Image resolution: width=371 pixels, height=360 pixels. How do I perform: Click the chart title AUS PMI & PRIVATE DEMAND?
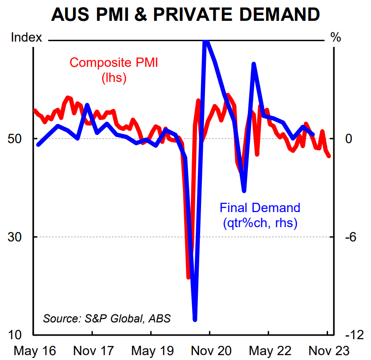[x=185, y=14]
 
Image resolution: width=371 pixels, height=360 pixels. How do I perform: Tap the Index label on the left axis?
[x=26, y=38]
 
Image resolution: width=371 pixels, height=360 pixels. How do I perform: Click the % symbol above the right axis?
[x=336, y=38]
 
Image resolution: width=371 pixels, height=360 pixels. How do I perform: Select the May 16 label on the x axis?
[x=35, y=351]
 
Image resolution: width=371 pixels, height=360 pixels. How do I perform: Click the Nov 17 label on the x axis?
[x=93, y=351]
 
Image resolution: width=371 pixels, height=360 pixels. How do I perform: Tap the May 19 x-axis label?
[x=152, y=351]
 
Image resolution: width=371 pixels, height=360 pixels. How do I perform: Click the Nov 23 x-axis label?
[x=328, y=351]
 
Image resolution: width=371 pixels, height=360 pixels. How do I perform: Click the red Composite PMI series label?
[x=114, y=70]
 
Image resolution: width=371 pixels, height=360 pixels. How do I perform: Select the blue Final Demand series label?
[x=260, y=215]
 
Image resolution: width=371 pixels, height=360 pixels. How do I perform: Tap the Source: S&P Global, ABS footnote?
[x=107, y=318]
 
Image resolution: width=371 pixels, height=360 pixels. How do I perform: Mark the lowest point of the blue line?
[x=195, y=319]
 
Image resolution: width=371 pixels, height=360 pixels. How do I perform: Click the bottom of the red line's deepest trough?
[x=188, y=278]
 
